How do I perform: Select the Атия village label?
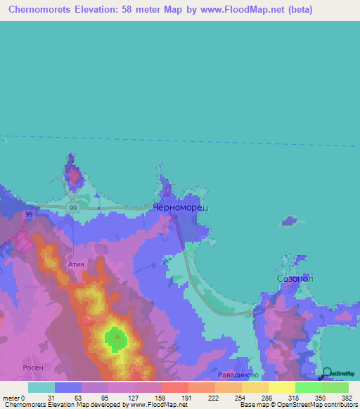point(76,264)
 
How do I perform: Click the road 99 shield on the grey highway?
point(73,209)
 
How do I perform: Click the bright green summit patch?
point(115,339)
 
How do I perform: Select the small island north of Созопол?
point(288,223)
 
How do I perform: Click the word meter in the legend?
point(11,398)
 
